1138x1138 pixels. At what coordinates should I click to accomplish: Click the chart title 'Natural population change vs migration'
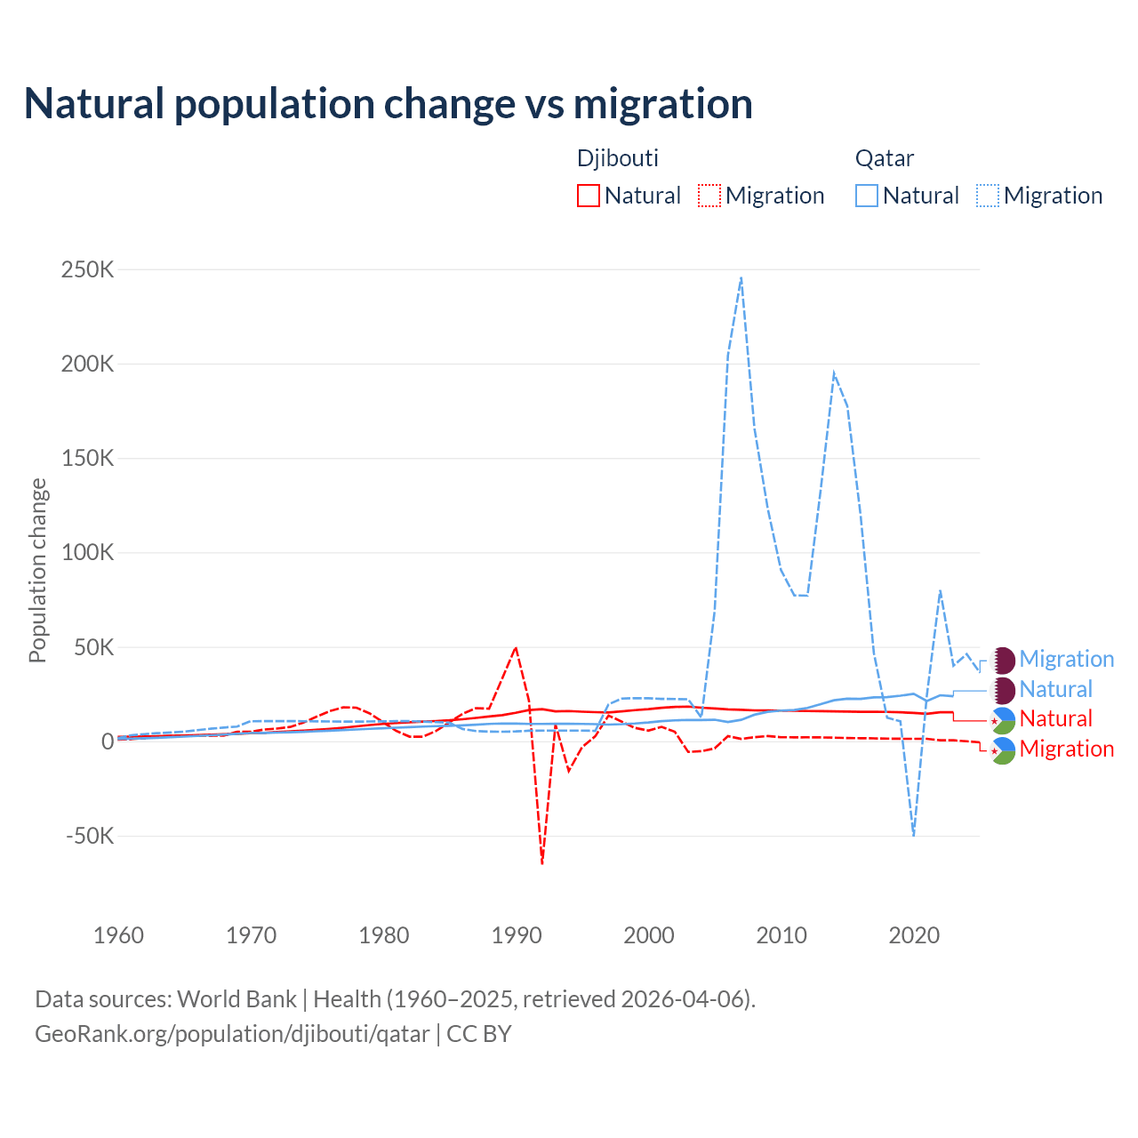click(x=389, y=104)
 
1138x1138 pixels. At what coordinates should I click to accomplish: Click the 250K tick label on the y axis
click(x=87, y=269)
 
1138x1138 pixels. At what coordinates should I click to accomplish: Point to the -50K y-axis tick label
click(x=90, y=836)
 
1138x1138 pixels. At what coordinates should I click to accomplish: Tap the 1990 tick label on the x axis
click(x=517, y=935)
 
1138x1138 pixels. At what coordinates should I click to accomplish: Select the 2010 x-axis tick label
click(x=781, y=935)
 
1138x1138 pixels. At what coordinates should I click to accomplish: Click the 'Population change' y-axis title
click(x=37, y=570)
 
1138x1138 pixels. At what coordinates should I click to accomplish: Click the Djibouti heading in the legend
click(x=618, y=158)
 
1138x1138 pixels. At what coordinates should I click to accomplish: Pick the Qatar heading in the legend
click(x=885, y=158)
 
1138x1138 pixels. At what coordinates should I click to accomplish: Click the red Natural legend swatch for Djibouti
click(x=589, y=196)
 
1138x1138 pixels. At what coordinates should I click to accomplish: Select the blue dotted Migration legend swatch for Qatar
click(x=988, y=196)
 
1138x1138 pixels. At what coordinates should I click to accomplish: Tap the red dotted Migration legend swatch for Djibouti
click(x=709, y=196)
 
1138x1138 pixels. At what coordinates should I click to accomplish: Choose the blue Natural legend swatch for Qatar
click(x=867, y=196)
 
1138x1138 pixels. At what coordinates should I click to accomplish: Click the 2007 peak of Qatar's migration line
click(x=741, y=277)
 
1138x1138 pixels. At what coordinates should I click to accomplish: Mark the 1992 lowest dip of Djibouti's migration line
click(x=542, y=862)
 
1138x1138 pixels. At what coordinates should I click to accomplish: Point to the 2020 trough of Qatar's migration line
click(x=913, y=834)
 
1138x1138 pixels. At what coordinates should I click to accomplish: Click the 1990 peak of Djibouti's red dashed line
click(x=516, y=648)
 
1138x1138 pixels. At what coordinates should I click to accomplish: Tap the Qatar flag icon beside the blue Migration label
click(x=1003, y=660)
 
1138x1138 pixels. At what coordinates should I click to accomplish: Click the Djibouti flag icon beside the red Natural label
click(x=1003, y=719)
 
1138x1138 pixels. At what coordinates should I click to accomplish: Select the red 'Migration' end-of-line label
click(x=1066, y=749)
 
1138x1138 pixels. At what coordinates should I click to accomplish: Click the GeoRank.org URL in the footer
click(x=232, y=1034)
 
